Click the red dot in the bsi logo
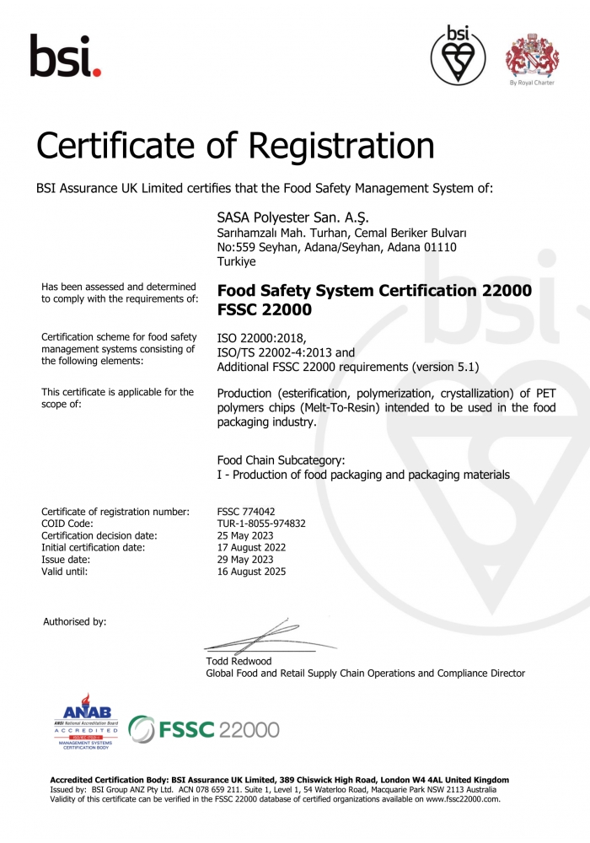click(x=97, y=73)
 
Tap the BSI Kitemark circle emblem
click(x=458, y=56)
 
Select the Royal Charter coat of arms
click(x=531, y=53)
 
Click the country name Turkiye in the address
click(x=236, y=262)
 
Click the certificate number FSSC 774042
click(x=246, y=512)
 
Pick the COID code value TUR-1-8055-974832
click(x=261, y=524)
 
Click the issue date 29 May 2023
click(x=246, y=560)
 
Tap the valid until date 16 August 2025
click(x=252, y=572)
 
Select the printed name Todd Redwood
click(x=239, y=661)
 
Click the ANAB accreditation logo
click(x=87, y=722)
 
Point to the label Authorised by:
click(x=74, y=621)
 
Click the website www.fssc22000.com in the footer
click(x=462, y=798)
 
